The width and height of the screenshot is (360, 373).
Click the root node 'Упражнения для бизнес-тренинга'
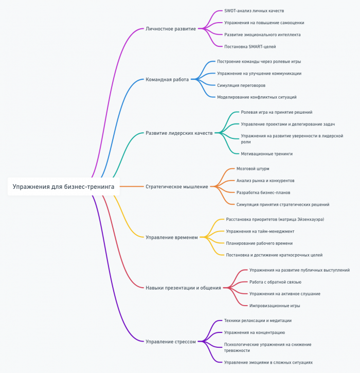[x=63, y=186]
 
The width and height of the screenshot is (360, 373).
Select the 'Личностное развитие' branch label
[x=170, y=29]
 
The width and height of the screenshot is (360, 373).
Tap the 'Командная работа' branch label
[x=167, y=79]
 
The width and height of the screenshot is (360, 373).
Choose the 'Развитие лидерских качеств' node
[x=178, y=133]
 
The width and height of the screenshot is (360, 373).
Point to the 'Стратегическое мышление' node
[x=176, y=187]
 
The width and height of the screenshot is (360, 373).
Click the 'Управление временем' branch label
[x=171, y=237]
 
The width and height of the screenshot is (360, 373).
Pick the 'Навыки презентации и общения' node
[x=183, y=288]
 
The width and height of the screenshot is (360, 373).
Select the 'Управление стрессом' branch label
[x=170, y=341]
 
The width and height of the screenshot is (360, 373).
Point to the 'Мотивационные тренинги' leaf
[x=266, y=153]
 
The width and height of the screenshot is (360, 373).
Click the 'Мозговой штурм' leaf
[x=253, y=169]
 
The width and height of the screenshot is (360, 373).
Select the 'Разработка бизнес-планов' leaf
[x=263, y=192]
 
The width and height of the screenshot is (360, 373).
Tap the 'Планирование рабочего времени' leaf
[x=259, y=243]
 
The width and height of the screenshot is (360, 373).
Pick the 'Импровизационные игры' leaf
[x=275, y=306]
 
